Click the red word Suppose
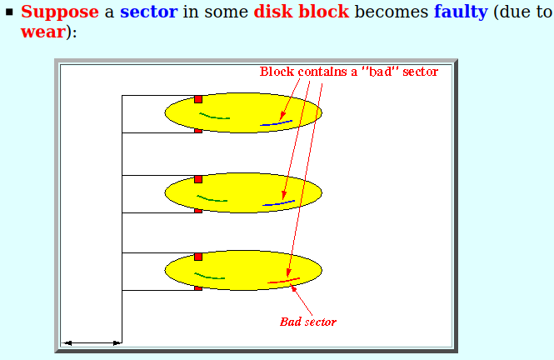(60, 12)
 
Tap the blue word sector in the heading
(149, 12)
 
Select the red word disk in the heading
(273, 12)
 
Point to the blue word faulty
(461, 12)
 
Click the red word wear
(43, 32)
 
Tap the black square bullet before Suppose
(9, 12)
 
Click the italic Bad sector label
(308, 322)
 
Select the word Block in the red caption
(277, 72)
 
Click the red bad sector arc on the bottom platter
(284, 281)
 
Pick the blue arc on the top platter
(277, 123)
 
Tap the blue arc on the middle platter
(279, 203)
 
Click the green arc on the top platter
(214, 117)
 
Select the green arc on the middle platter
(212, 200)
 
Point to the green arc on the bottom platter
(209, 277)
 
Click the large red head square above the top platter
(198, 99)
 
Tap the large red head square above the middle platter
(198, 179)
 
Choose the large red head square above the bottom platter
(198, 257)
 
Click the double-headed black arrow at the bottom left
(92, 342)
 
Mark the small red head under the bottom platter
(198, 288)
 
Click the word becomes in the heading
(392, 12)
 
